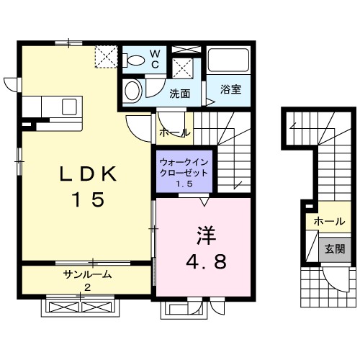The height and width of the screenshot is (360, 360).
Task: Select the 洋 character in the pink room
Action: pos(204,235)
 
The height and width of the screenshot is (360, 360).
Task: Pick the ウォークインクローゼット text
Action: pos(184,168)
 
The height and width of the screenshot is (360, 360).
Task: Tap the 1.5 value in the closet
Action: pos(184,186)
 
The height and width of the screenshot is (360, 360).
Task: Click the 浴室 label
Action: pos(230,91)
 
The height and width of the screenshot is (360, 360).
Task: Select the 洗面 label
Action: pos(179,93)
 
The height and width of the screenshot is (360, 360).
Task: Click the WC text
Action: pos(155,58)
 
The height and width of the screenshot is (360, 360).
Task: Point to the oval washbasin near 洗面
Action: pos(132,91)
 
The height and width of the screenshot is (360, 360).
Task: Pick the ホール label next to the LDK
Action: pos(174,132)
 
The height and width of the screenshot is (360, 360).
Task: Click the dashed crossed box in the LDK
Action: pos(106,56)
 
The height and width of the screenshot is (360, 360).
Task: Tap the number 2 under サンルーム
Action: pos(87,288)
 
